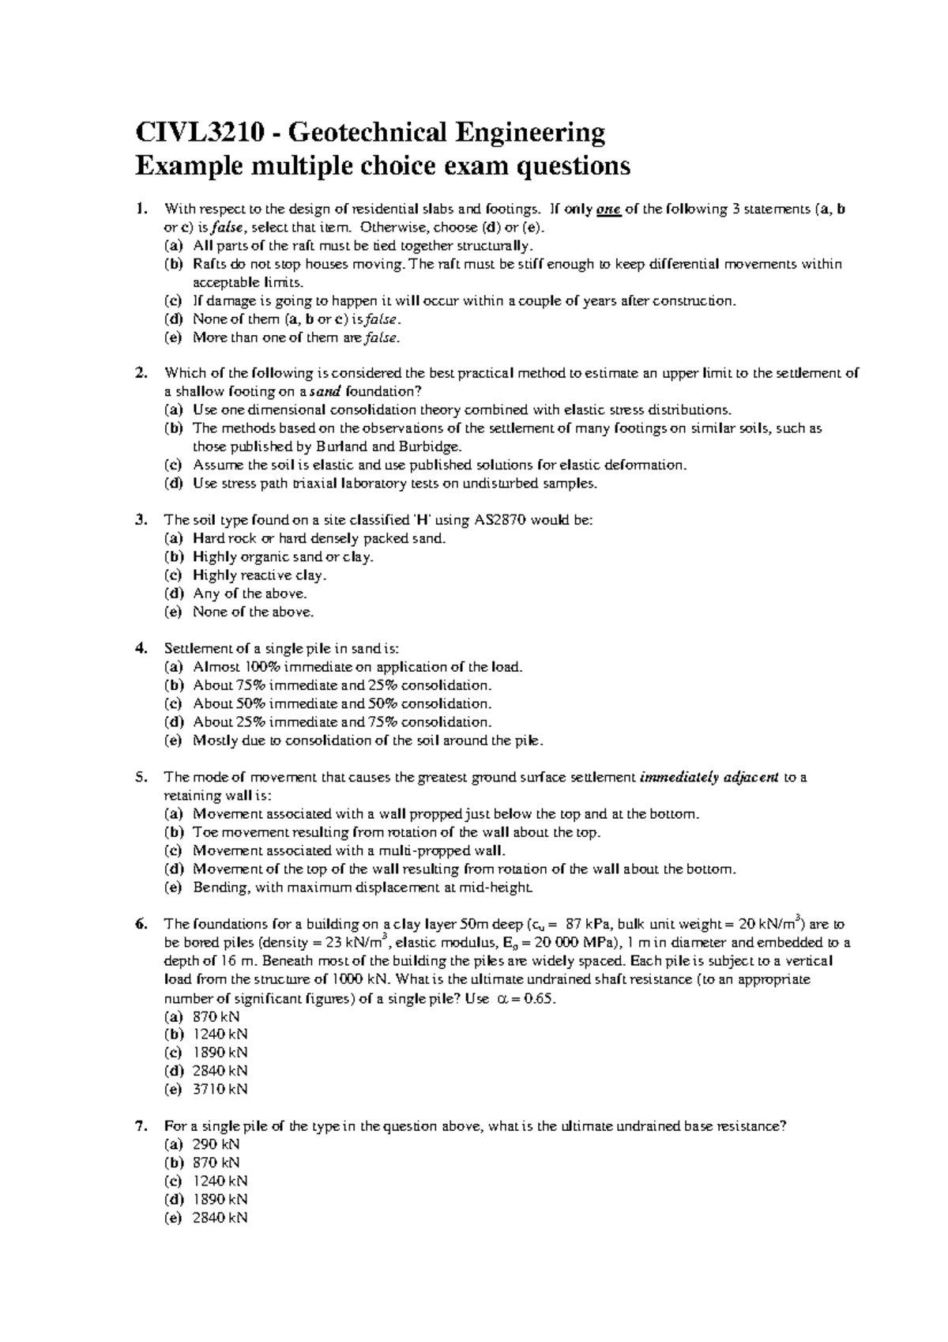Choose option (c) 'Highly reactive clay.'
[259, 575]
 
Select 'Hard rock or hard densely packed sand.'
[319, 539]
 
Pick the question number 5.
[141, 777]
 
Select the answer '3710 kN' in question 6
[220, 1089]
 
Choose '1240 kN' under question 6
[220, 1035]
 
